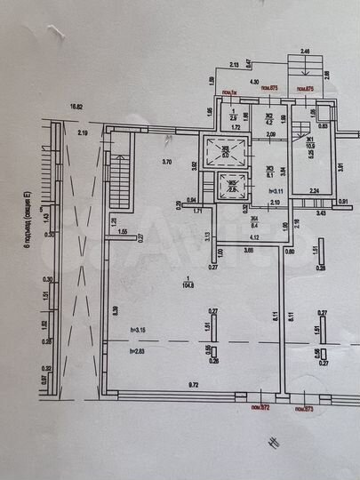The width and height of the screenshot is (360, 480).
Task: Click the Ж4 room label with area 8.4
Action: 253,222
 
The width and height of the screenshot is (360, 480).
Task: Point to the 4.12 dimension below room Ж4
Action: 253,237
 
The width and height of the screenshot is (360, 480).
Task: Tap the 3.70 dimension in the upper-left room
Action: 166,162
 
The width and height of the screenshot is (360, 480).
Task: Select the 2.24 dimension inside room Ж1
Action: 313,191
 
